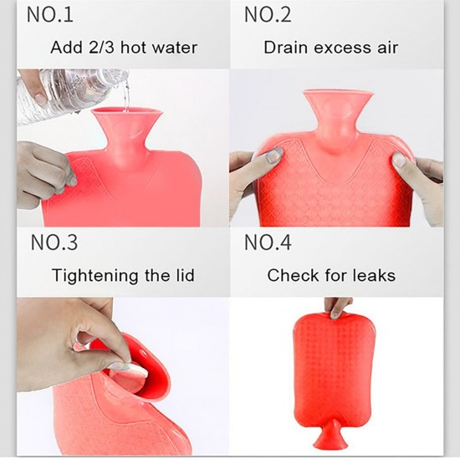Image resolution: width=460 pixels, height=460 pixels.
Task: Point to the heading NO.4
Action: [x=268, y=243]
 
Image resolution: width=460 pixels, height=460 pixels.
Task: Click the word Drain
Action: [x=288, y=47]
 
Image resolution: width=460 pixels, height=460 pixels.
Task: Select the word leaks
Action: [x=373, y=275]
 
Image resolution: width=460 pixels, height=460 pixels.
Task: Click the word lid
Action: [x=187, y=275]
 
